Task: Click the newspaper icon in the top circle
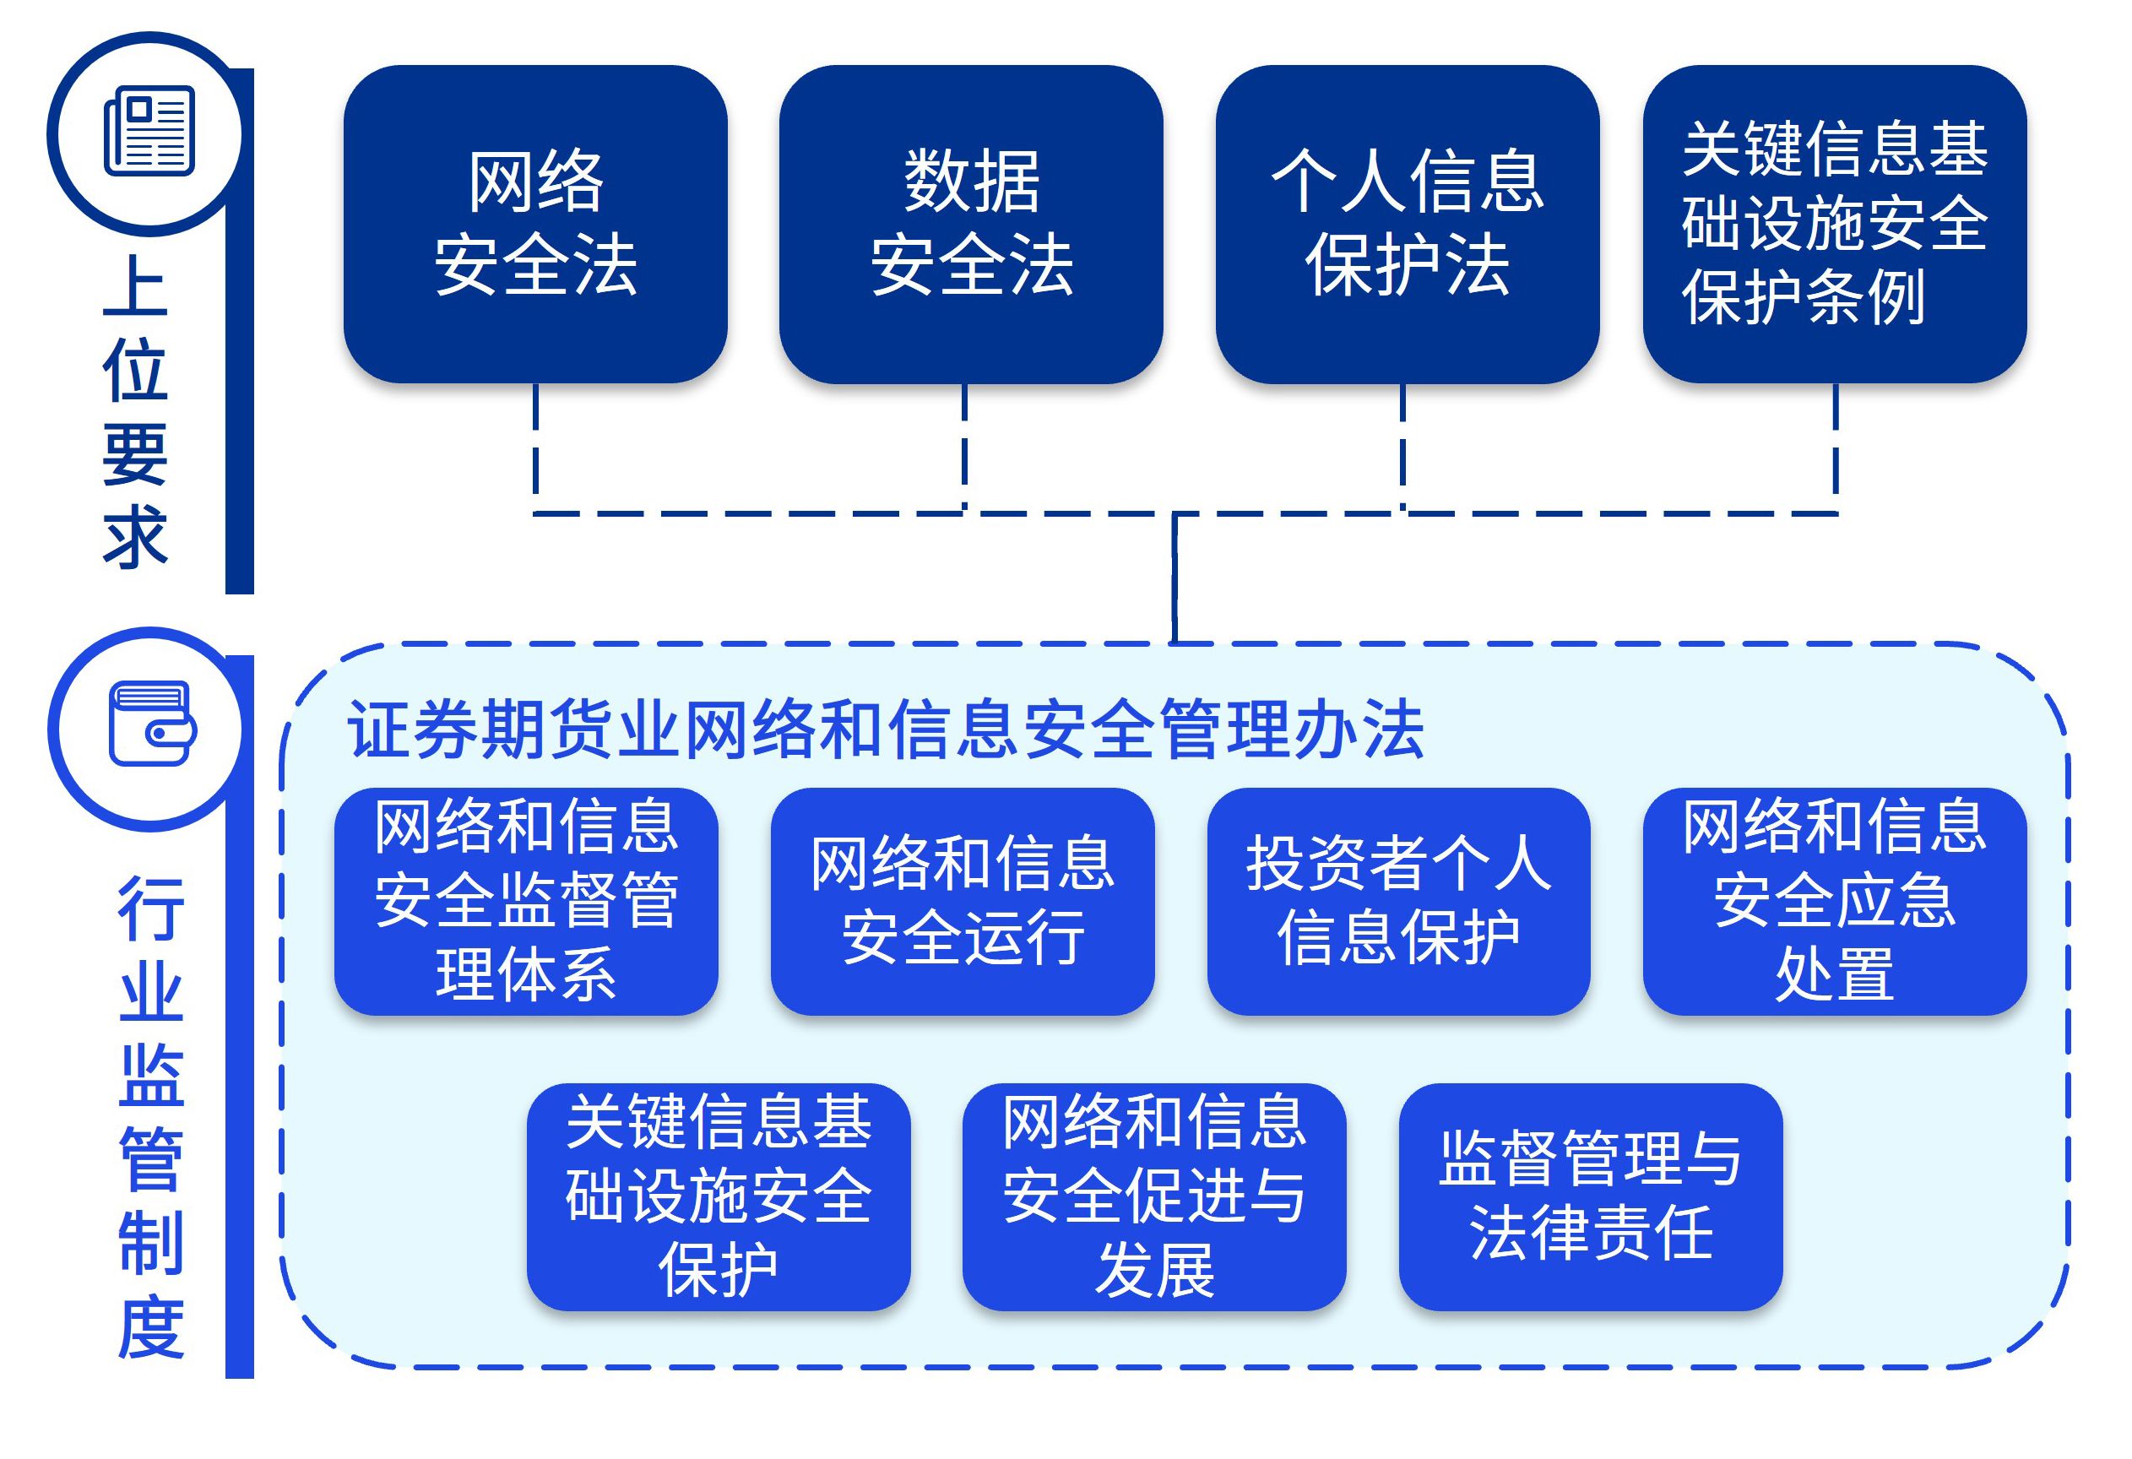tap(149, 130)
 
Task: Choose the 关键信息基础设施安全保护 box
tap(719, 1196)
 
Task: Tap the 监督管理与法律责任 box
tap(1590, 1196)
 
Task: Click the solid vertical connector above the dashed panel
tap(1174, 578)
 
